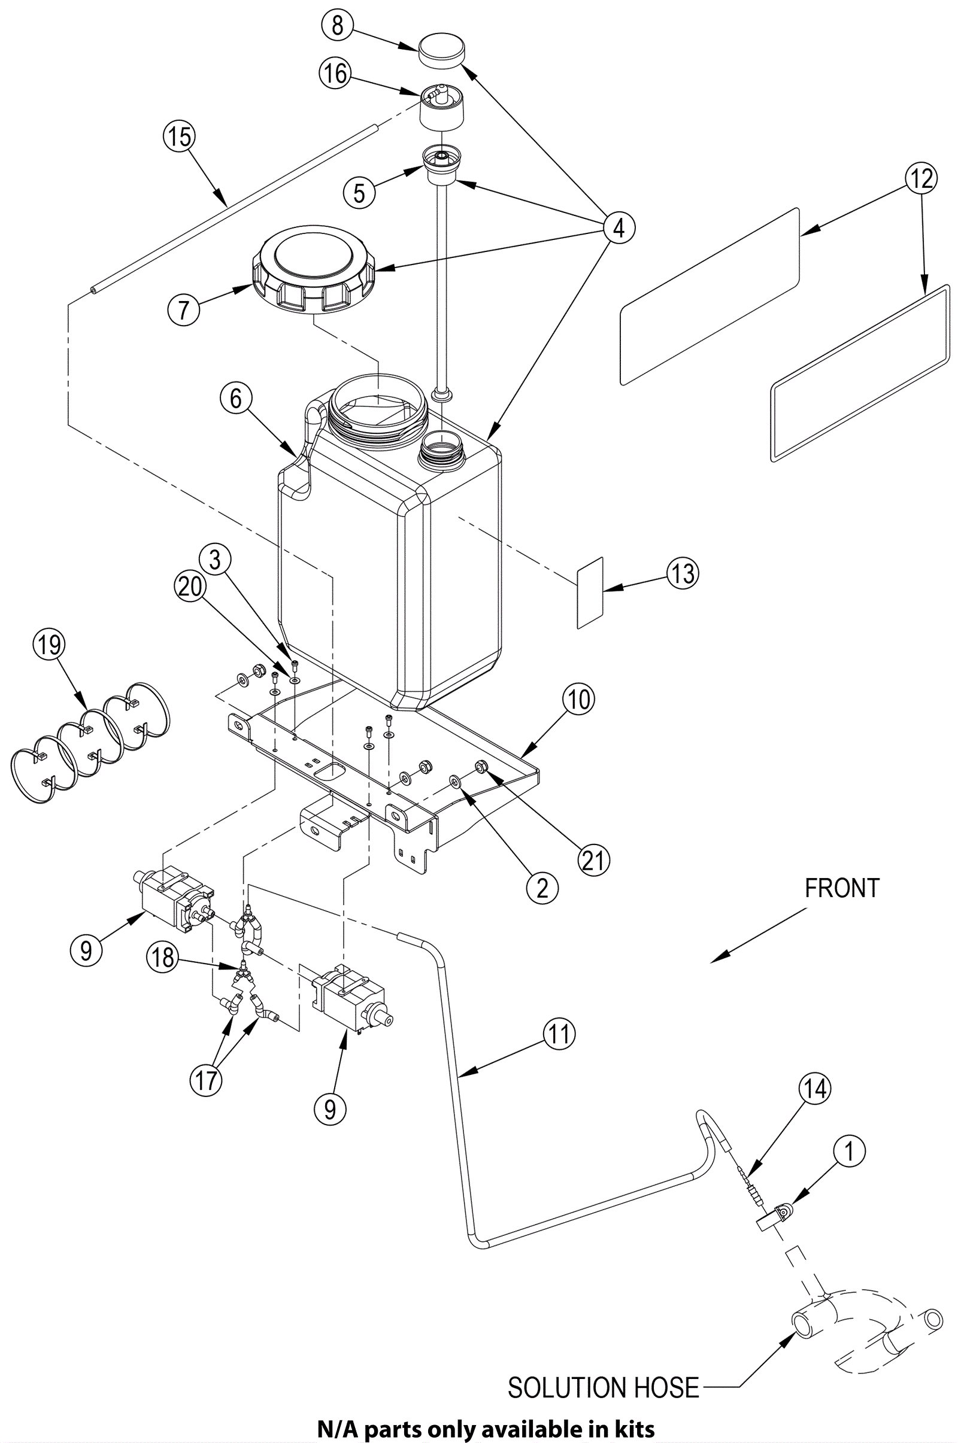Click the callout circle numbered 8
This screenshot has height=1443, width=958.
(338, 26)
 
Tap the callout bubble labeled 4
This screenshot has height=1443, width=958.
(619, 228)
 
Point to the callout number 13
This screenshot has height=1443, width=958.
(683, 574)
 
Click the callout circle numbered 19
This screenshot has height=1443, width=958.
(49, 644)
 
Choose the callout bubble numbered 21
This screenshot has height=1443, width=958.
(593, 861)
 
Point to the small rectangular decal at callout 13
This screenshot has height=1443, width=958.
(590, 593)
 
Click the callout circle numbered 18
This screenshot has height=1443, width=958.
(162, 957)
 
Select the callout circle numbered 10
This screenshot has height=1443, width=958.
(578, 698)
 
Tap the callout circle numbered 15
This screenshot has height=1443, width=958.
(180, 137)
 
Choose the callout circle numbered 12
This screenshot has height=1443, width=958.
(921, 179)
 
